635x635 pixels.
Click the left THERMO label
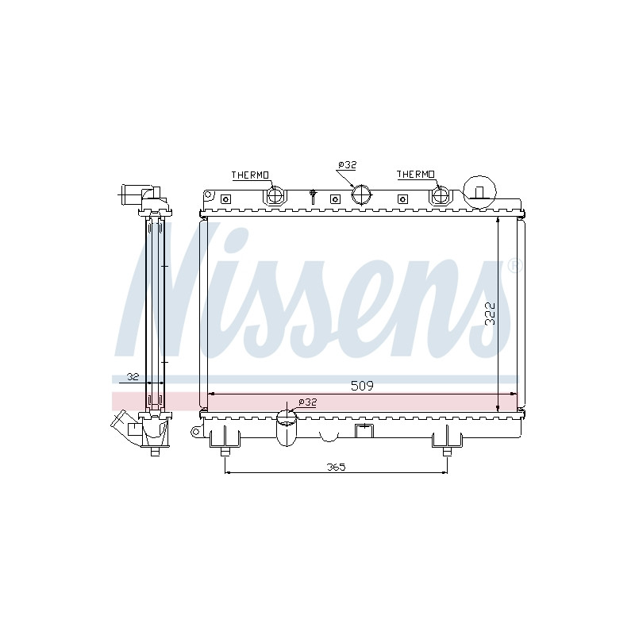[x=250, y=175]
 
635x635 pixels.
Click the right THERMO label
[x=415, y=174]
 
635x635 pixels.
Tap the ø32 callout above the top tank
[x=347, y=165]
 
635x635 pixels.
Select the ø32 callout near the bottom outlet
[x=307, y=402]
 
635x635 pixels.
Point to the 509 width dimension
[x=362, y=386]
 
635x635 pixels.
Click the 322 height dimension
[x=490, y=314]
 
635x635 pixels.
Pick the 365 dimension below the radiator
[x=336, y=467]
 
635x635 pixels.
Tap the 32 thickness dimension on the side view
[x=133, y=376]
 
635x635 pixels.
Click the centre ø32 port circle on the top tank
[x=361, y=194]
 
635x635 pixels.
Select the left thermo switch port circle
[x=275, y=194]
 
